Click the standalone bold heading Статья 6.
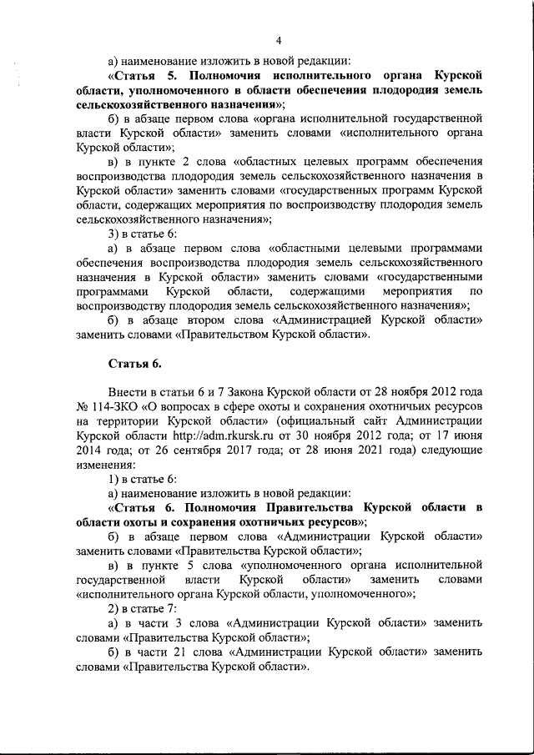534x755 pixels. (x=134, y=364)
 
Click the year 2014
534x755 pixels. (x=90, y=450)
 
